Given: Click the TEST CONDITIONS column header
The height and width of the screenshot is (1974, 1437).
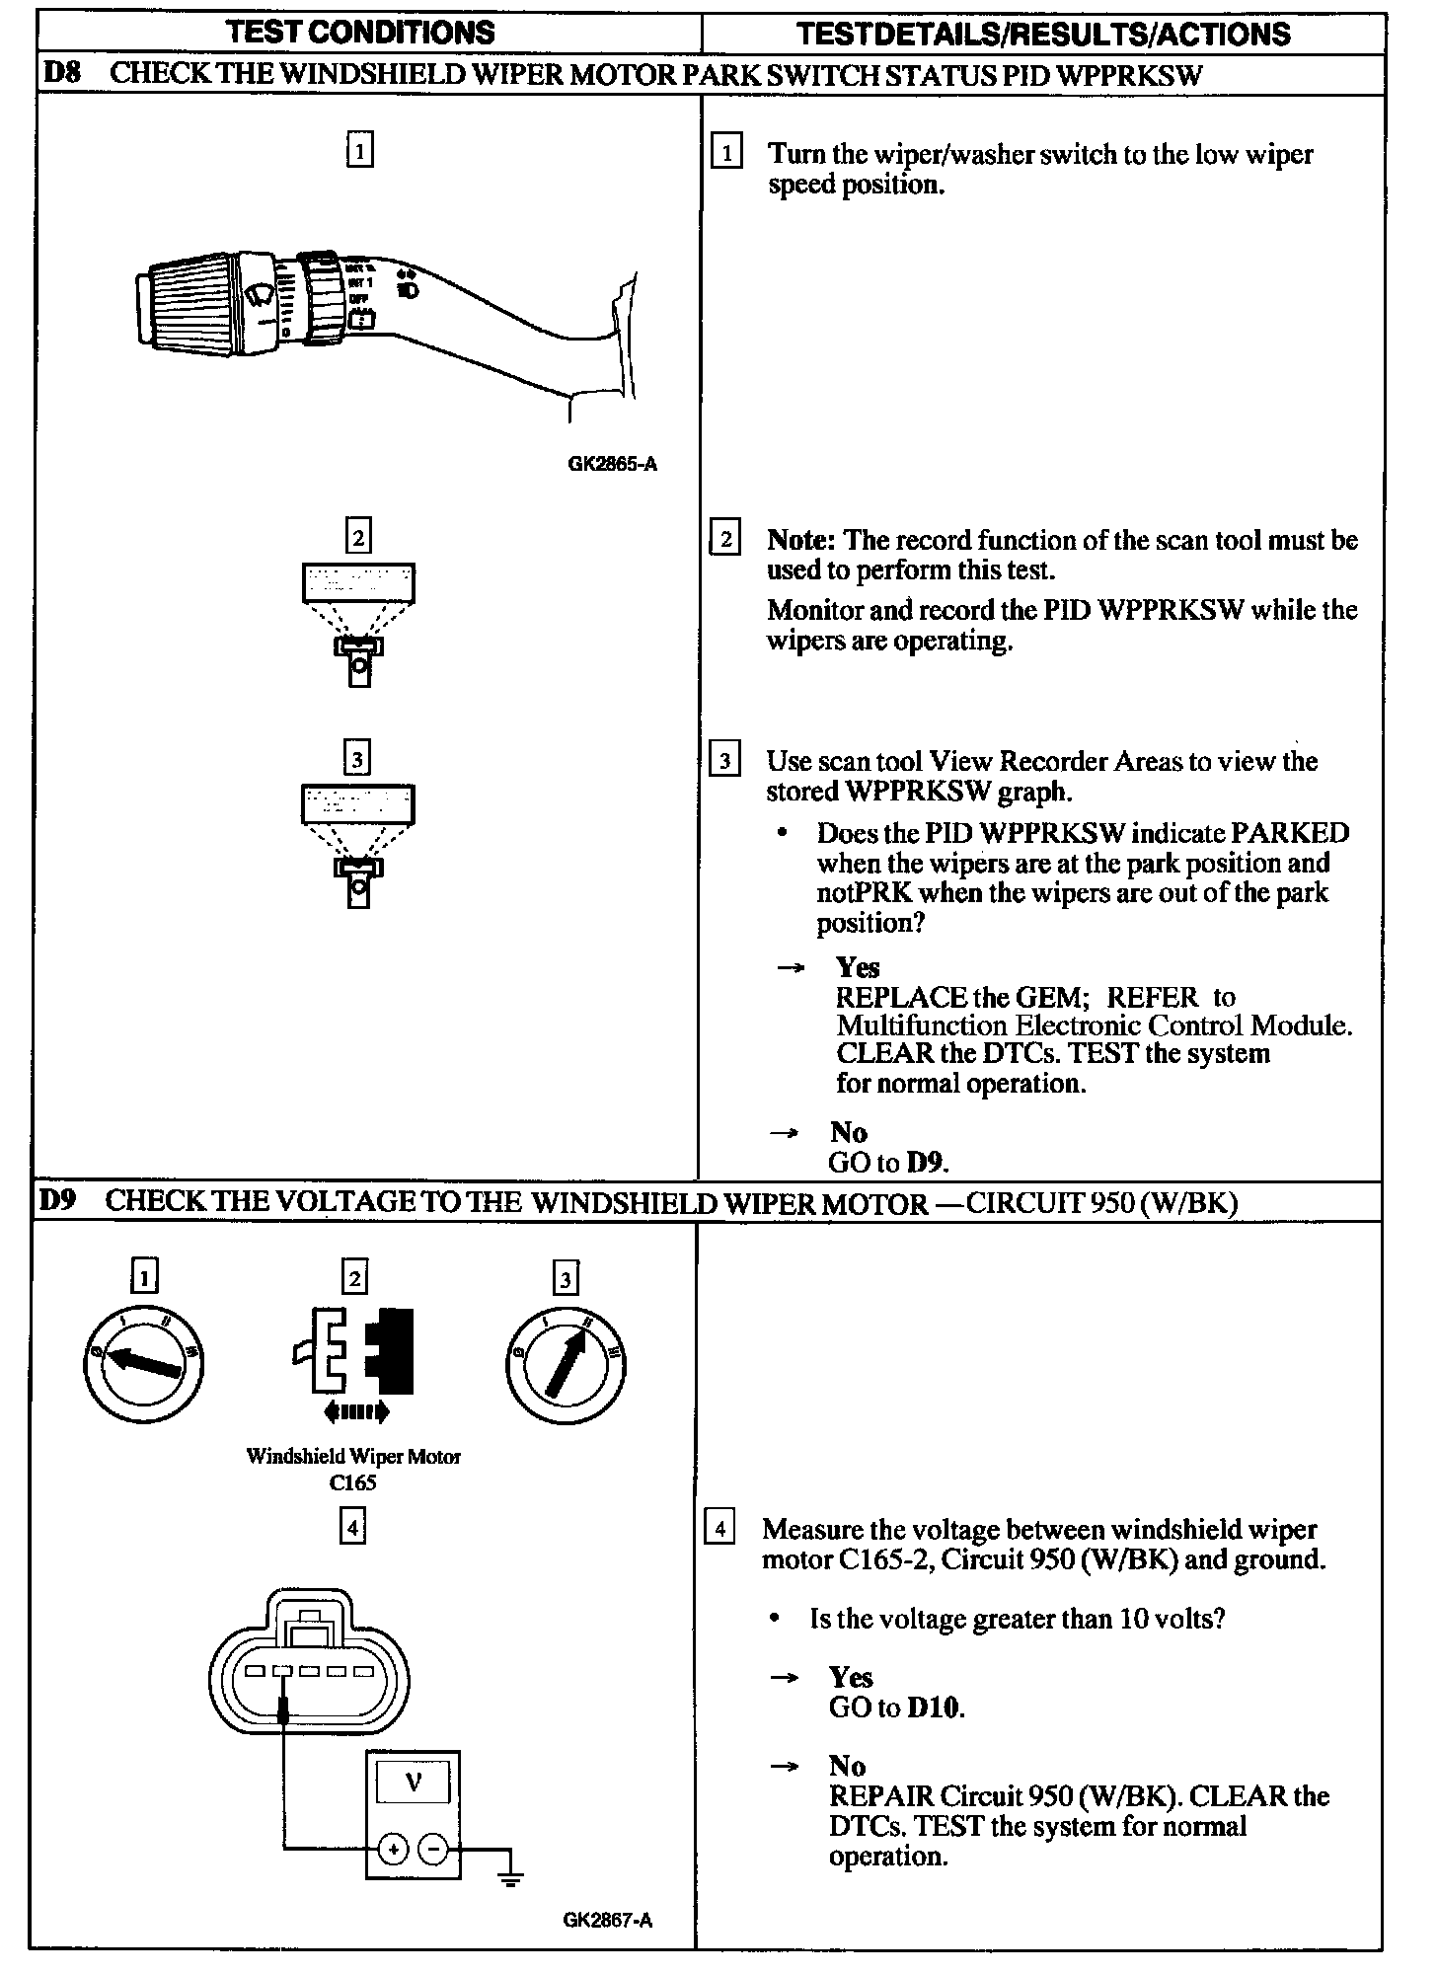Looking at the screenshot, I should point(360,33).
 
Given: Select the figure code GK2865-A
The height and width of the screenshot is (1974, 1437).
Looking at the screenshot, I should point(612,463).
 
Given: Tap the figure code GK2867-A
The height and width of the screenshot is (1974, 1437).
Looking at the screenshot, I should point(608,1920).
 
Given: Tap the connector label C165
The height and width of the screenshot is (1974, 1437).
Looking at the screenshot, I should point(352,1482).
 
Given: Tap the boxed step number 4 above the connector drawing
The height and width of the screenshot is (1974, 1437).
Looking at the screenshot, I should point(352,1528).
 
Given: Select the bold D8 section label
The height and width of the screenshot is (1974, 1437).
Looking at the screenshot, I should point(63,75).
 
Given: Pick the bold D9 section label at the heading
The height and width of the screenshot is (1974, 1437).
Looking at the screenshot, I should point(59,1201).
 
